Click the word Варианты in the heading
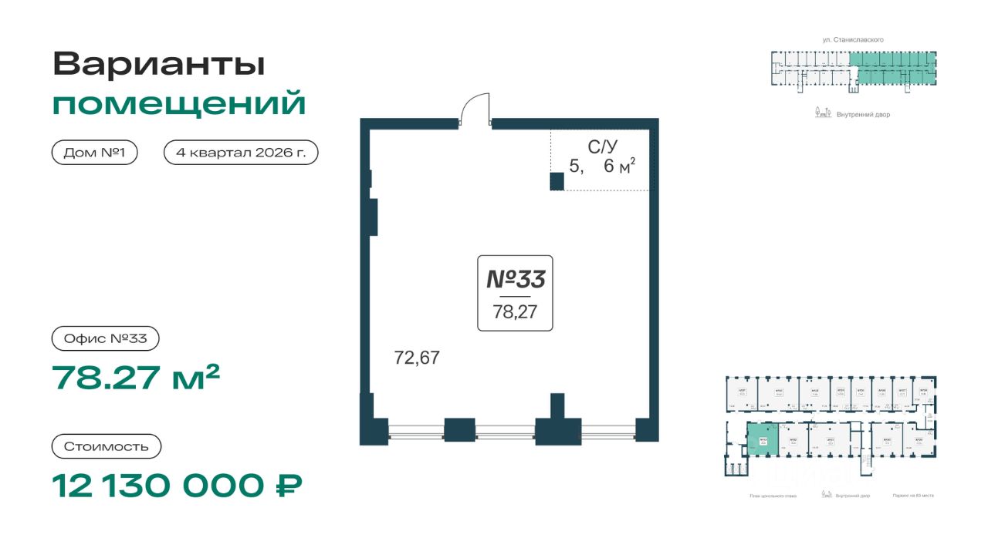[x=158, y=64]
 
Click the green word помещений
[x=179, y=103]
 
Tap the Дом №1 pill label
[x=95, y=153]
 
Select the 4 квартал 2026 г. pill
[x=241, y=153]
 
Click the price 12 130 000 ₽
[x=177, y=486]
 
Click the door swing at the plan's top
[x=475, y=108]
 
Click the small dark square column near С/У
[x=557, y=182]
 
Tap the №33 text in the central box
[x=515, y=279]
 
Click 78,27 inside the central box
[x=515, y=312]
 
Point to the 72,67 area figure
[x=417, y=358]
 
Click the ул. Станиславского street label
[x=853, y=39]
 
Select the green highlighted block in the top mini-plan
[x=895, y=68]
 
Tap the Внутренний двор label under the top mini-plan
[x=863, y=115]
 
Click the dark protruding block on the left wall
[x=373, y=217]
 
